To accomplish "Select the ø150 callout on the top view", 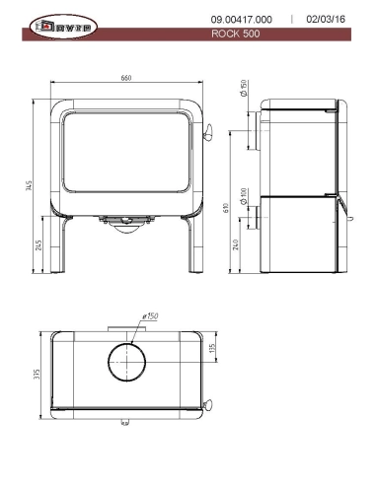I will pos(151,316).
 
